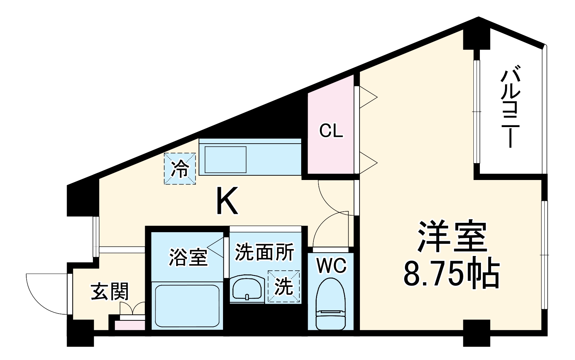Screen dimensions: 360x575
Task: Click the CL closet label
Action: tap(331, 131)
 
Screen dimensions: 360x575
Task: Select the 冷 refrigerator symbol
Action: tap(180, 168)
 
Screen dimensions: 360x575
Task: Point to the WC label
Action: tap(331, 266)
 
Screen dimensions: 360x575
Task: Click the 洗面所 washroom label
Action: tap(265, 252)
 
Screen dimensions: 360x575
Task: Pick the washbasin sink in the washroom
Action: tap(247, 288)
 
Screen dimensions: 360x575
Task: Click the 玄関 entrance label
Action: tap(110, 291)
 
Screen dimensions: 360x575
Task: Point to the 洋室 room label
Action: tap(452, 237)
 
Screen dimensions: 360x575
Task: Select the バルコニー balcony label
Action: tap(511, 106)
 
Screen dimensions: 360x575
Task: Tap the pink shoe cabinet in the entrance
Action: tap(130, 325)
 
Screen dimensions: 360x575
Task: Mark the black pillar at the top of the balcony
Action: tap(476, 38)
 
